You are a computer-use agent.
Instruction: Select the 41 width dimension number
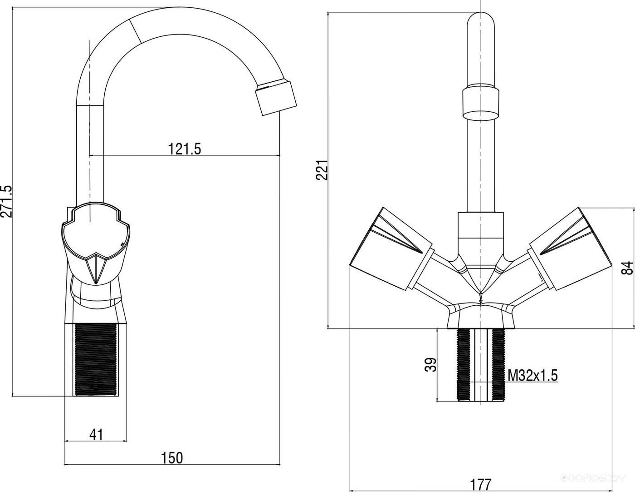[x=96, y=434]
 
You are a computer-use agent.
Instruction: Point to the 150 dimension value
[x=172, y=457]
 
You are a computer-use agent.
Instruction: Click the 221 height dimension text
[x=321, y=170]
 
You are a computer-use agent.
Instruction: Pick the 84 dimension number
[x=626, y=268]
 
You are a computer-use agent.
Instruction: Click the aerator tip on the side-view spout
[x=277, y=97]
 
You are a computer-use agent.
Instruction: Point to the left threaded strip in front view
[x=463, y=364]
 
